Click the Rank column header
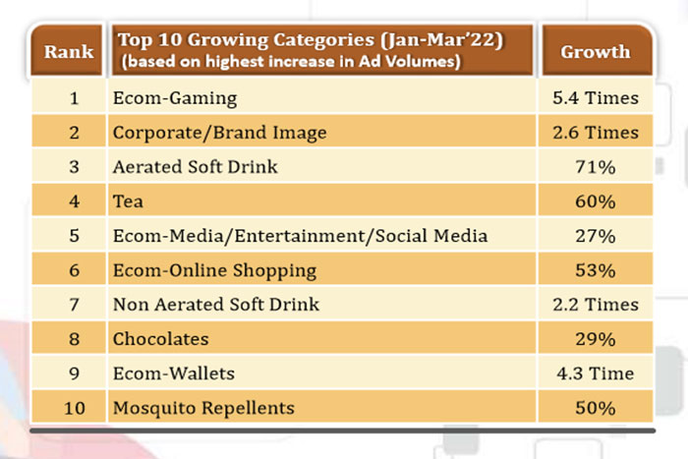(x=68, y=52)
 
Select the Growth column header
(x=595, y=52)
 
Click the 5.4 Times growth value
(x=595, y=98)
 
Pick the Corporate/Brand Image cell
(x=218, y=133)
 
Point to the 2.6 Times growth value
(x=595, y=133)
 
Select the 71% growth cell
(x=595, y=167)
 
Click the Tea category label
(x=127, y=201)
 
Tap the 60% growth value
(x=595, y=201)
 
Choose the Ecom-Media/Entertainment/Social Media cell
(x=299, y=236)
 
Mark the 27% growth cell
(x=595, y=236)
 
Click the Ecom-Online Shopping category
(x=214, y=270)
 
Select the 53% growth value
(x=595, y=270)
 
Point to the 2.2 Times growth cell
(x=595, y=305)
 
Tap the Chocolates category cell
(x=161, y=339)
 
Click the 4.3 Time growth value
(x=595, y=373)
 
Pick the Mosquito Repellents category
(x=203, y=407)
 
